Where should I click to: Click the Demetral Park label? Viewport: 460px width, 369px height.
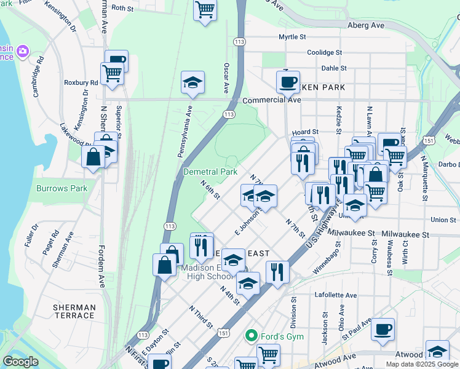click(x=210, y=172)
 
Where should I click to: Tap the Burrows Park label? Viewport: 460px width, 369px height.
click(x=62, y=188)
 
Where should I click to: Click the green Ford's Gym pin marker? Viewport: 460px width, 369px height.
click(x=250, y=336)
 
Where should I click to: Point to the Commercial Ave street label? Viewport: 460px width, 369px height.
click(x=271, y=100)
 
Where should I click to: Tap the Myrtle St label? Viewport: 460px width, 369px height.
click(x=292, y=37)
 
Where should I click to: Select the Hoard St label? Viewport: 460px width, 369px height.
click(x=305, y=132)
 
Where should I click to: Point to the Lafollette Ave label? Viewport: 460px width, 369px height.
click(x=336, y=295)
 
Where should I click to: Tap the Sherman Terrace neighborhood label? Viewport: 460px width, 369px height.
click(x=74, y=311)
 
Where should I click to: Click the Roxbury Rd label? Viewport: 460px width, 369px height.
click(x=81, y=82)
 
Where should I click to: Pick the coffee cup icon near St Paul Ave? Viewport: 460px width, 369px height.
click(x=383, y=328)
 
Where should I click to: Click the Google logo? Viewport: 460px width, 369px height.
click(x=20, y=362)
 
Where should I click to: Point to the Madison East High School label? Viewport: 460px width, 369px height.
click(x=206, y=272)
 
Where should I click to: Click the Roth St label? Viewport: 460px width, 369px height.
click(x=123, y=8)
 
